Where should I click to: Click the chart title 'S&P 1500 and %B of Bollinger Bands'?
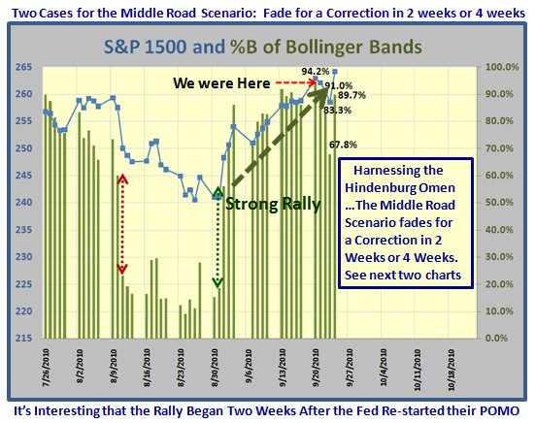[263, 47]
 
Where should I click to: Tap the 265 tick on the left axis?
[23, 67]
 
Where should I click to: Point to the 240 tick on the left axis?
[23, 203]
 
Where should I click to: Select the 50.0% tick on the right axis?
[499, 203]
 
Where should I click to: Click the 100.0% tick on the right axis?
[502, 67]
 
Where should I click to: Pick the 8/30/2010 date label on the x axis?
[215, 368]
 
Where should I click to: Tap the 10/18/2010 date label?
[451, 370]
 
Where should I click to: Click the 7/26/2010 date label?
[46, 368]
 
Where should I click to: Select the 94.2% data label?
[315, 71]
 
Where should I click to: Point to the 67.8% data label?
[343, 145]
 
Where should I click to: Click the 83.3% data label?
[338, 110]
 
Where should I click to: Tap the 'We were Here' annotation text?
[221, 83]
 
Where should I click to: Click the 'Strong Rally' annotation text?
[273, 204]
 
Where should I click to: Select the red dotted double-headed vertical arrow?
[122, 224]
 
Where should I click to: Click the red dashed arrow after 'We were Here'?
[296, 82]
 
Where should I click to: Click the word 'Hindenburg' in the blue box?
[375, 188]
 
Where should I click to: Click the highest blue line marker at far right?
[335, 72]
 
